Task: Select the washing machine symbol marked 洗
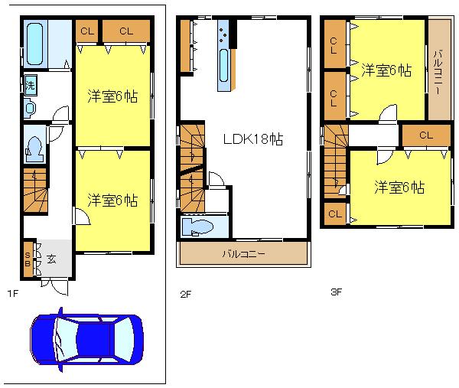click(30, 83)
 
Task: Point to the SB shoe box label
click(28, 259)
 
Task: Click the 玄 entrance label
click(50, 259)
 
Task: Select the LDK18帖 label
click(252, 139)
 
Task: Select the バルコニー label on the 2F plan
click(244, 253)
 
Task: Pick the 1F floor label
click(13, 292)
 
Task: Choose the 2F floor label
click(184, 292)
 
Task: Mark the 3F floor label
click(336, 292)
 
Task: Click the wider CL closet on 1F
click(125, 31)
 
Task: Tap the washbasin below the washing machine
click(30, 108)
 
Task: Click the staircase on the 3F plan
click(335, 168)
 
